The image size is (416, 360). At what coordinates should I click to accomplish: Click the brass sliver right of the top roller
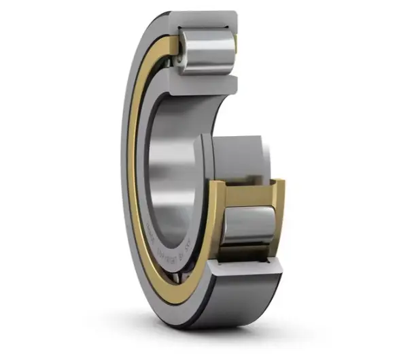[x=235, y=48]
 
